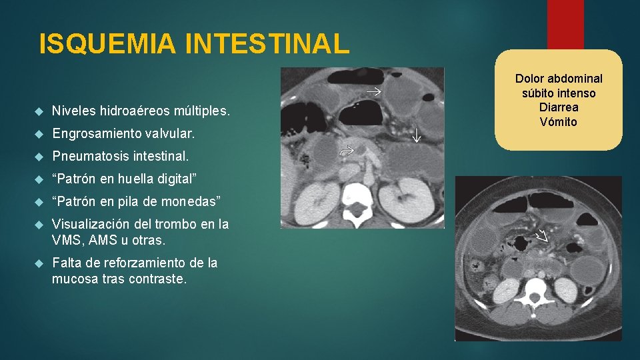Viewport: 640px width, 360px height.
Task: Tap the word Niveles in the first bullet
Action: point(74,110)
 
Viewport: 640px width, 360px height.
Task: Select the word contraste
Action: point(160,279)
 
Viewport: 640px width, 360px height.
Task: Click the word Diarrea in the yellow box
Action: point(558,107)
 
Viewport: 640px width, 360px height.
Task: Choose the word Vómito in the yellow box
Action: point(558,122)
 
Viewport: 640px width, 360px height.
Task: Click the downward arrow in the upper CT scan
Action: point(417,135)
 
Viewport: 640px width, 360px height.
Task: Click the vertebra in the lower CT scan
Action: point(537,289)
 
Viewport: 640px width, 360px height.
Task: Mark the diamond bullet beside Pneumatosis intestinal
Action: point(40,157)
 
